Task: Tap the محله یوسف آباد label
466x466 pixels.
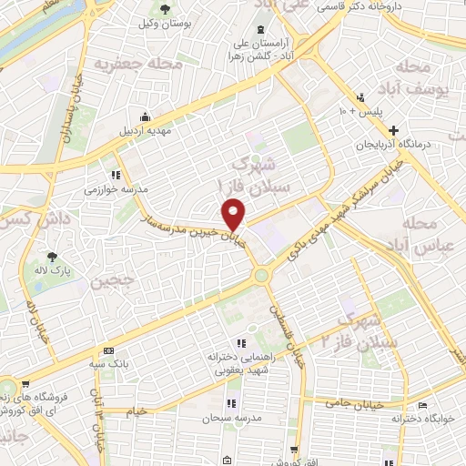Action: (427, 79)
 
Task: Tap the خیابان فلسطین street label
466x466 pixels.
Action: (281, 327)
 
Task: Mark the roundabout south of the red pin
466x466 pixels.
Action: (262, 272)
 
